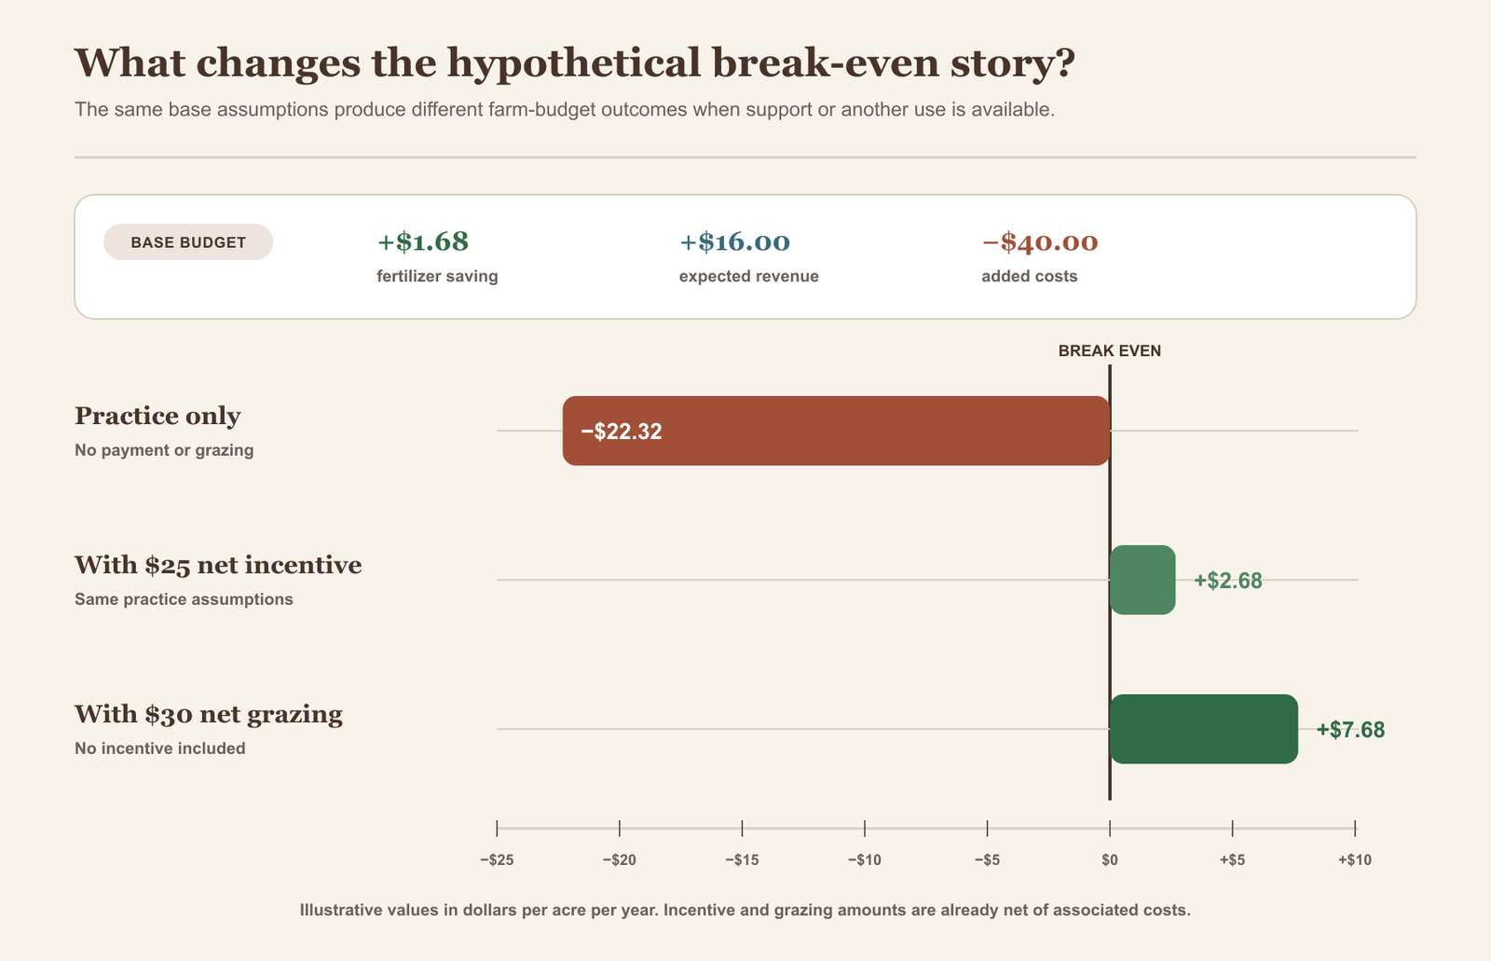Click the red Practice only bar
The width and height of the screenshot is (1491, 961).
pos(836,431)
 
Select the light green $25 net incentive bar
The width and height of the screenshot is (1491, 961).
pos(1142,580)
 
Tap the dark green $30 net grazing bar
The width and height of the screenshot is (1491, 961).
pos(1204,729)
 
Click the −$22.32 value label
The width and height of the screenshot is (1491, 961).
pos(621,432)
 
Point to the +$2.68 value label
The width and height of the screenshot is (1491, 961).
pos(1228,581)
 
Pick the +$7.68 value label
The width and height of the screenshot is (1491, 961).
pos(1350,730)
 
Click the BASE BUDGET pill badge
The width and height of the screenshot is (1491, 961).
pos(188,241)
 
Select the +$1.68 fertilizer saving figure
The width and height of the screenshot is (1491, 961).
pos(423,241)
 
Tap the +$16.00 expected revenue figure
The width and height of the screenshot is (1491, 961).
pos(734,241)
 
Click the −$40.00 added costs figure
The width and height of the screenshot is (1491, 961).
pos(1040,242)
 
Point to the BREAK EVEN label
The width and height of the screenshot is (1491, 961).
pos(1110,351)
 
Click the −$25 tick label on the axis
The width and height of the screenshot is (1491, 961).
pos(497,859)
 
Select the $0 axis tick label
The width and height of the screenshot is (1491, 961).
pos(1110,859)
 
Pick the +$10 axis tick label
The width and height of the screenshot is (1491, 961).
pos(1355,859)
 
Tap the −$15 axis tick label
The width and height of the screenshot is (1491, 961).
pos(742,859)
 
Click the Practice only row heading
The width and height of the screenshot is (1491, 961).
pos(157,417)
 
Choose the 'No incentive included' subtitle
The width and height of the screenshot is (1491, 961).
pos(159,748)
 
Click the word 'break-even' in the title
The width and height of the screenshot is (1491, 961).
pos(826,62)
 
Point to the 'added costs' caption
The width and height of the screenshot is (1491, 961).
pos(1029,277)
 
